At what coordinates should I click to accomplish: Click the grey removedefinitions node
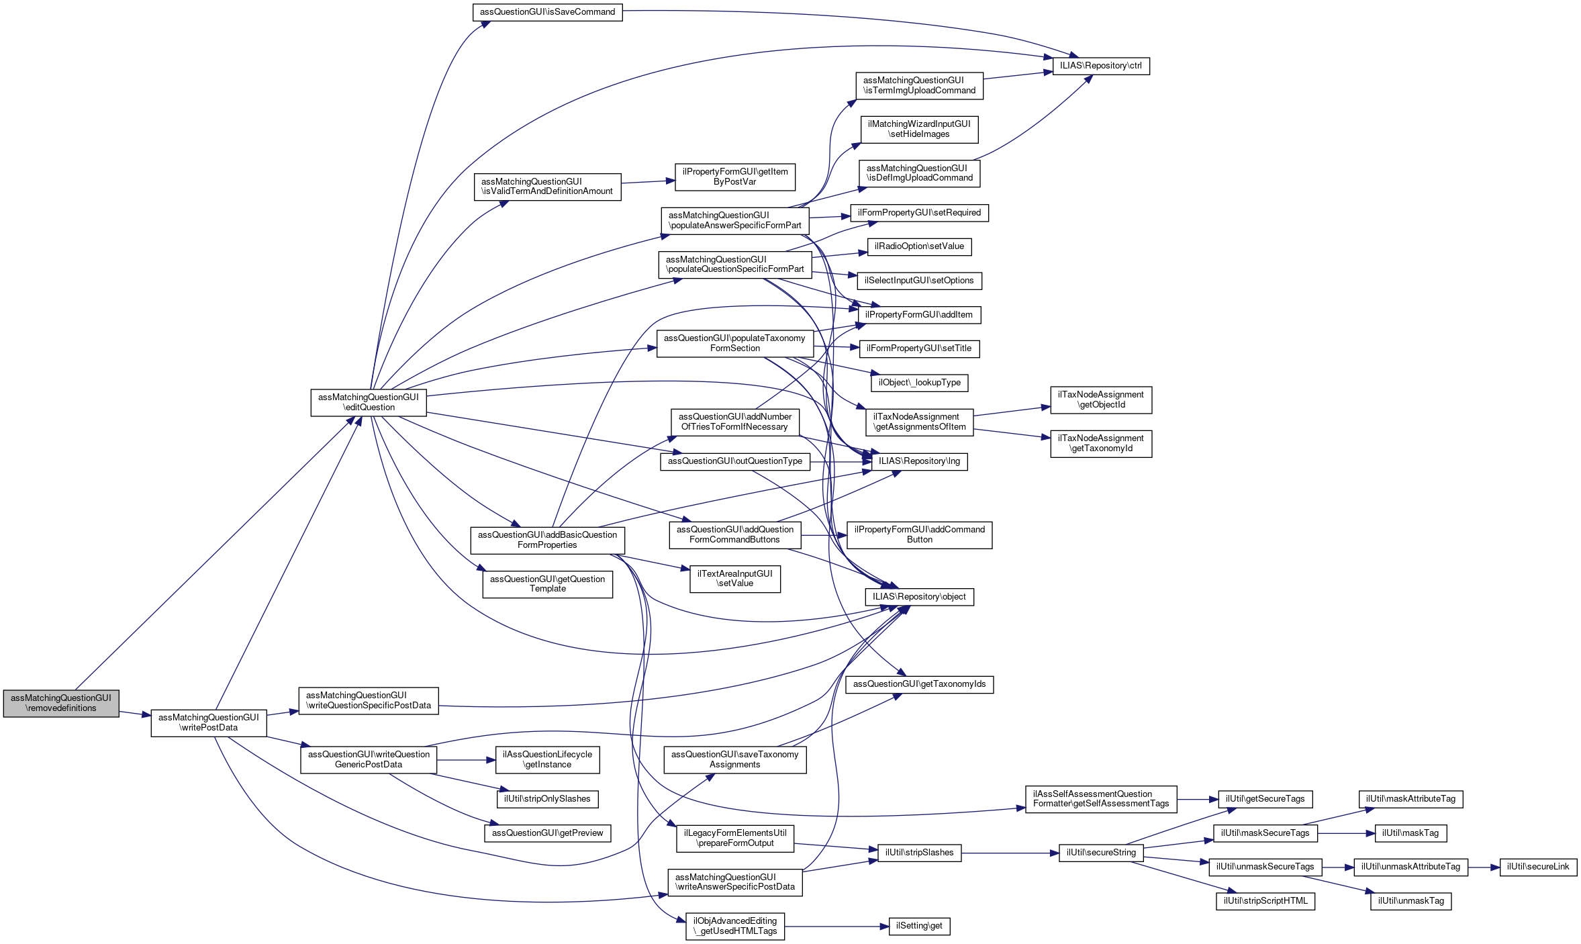[x=61, y=703]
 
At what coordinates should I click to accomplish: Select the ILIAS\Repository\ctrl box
[x=1101, y=66]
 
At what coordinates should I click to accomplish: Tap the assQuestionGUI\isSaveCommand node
[x=547, y=12]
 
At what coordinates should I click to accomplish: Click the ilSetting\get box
[x=919, y=926]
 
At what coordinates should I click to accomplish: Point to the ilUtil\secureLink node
[x=1538, y=867]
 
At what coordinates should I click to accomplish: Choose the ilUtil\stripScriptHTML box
[x=1265, y=901]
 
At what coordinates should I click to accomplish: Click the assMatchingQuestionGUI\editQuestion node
[x=369, y=402]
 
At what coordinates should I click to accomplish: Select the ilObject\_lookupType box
[x=920, y=383]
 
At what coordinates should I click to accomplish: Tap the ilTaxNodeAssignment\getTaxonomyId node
[x=1101, y=444]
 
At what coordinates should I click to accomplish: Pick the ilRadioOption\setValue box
[x=919, y=246]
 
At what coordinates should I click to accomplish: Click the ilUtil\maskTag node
[x=1410, y=833]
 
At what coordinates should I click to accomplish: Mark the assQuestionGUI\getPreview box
[x=548, y=833]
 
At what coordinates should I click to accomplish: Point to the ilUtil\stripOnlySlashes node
[x=548, y=799]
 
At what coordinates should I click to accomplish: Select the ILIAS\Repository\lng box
[x=919, y=461]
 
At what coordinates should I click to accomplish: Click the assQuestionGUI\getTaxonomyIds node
[x=919, y=684]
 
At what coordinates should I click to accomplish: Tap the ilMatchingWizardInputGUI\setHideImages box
[x=919, y=129]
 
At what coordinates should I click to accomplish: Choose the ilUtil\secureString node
[x=1101, y=853]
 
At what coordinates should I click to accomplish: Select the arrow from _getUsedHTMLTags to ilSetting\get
[x=836, y=927]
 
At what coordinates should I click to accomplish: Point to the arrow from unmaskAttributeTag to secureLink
[x=1484, y=867]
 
